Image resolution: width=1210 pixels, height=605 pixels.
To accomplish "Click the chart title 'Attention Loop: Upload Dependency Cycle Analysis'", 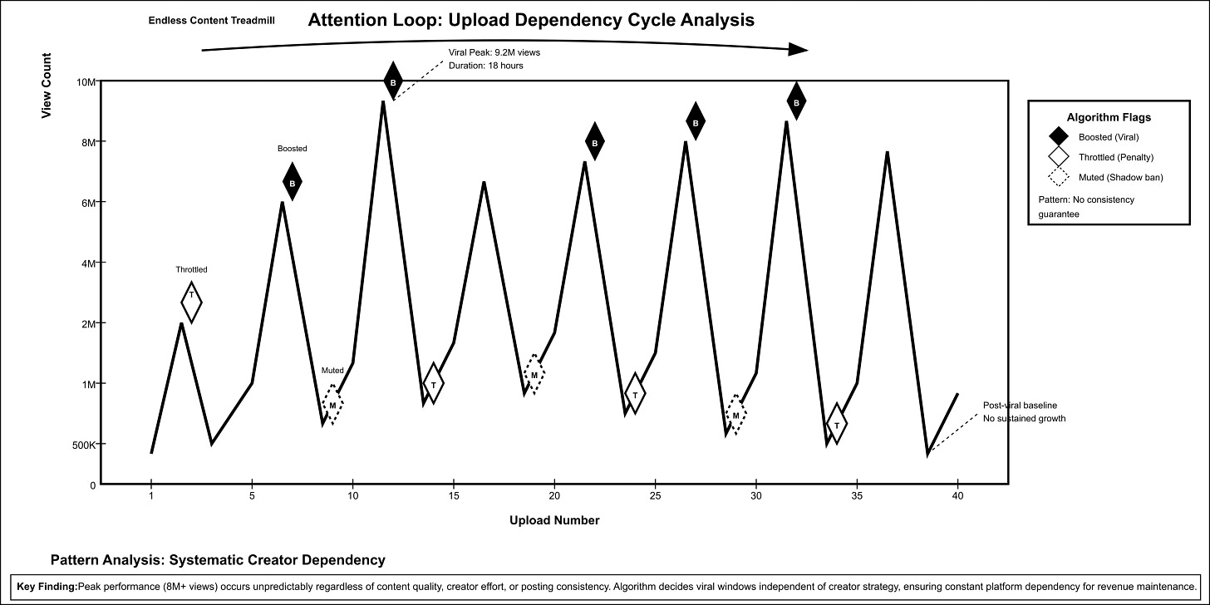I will point(531,21).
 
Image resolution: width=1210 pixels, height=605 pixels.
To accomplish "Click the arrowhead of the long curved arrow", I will point(798,50).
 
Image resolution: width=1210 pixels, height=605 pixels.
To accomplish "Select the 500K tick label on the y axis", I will point(83,444).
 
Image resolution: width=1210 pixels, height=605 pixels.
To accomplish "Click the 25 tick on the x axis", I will point(656,496).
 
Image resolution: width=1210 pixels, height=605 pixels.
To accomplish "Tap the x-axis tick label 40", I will point(958,496).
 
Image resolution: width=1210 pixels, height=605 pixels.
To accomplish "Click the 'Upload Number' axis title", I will point(554,521).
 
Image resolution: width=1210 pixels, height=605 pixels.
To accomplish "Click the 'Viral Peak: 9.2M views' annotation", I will point(494,52).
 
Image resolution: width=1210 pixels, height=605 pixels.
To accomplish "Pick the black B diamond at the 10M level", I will point(393,82).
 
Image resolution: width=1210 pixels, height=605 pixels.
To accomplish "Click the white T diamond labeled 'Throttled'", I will point(191,301).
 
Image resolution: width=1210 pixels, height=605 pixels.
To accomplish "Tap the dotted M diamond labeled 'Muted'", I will point(332,405).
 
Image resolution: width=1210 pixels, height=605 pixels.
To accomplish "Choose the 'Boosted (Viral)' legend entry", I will point(1109,137).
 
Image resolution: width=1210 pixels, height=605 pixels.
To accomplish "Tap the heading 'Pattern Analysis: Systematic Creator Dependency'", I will point(218,559).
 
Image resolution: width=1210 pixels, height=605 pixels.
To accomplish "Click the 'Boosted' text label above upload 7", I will point(292,149).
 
